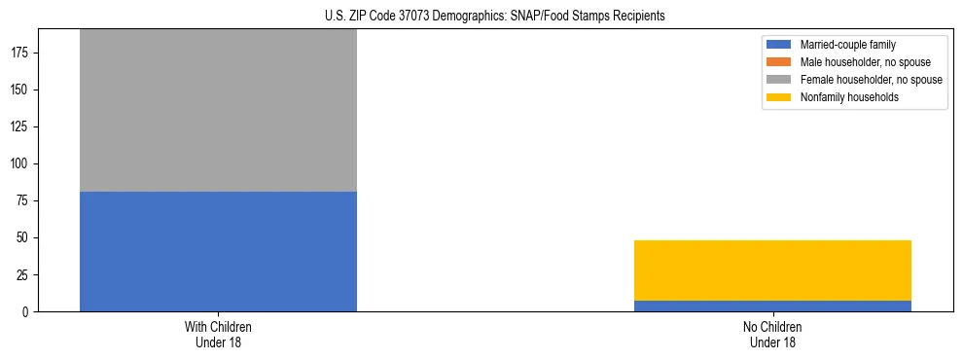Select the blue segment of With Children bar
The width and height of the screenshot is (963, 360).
coord(218,251)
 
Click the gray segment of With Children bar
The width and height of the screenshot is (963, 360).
coord(218,110)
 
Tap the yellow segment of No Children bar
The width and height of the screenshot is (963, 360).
coord(772,270)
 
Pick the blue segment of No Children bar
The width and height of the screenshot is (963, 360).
coord(772,306)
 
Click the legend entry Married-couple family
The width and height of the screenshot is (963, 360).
coord(847,45)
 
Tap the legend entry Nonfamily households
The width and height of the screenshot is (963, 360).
coord(843,97)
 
